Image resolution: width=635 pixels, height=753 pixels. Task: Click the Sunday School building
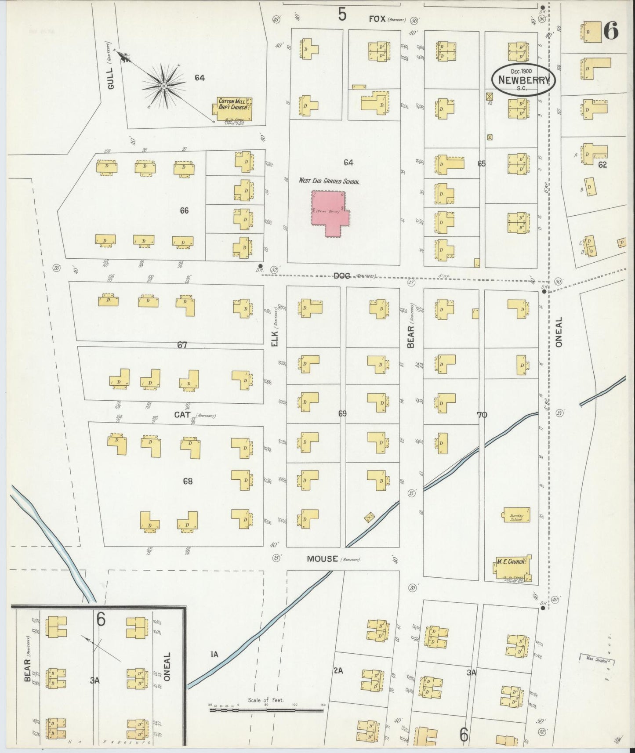pos(516,515)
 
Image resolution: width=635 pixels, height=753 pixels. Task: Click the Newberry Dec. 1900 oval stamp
pos(523,79)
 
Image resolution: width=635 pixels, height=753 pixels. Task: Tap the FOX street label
pos(377,19)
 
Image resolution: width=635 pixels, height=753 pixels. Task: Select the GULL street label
pos(110,79)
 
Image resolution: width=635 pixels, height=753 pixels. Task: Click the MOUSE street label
pos(323,559)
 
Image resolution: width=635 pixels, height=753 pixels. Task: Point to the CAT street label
pos(182,414)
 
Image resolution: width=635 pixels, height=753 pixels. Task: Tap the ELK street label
pos(275,338)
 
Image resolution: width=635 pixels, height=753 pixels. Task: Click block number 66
pos(184,211)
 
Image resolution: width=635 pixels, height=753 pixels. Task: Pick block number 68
pos(188,481)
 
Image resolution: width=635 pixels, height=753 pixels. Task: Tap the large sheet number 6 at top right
pos(610,31)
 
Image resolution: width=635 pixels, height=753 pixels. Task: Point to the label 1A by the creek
pos(214,655)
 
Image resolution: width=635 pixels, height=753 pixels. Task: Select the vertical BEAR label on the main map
pos(411,337)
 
